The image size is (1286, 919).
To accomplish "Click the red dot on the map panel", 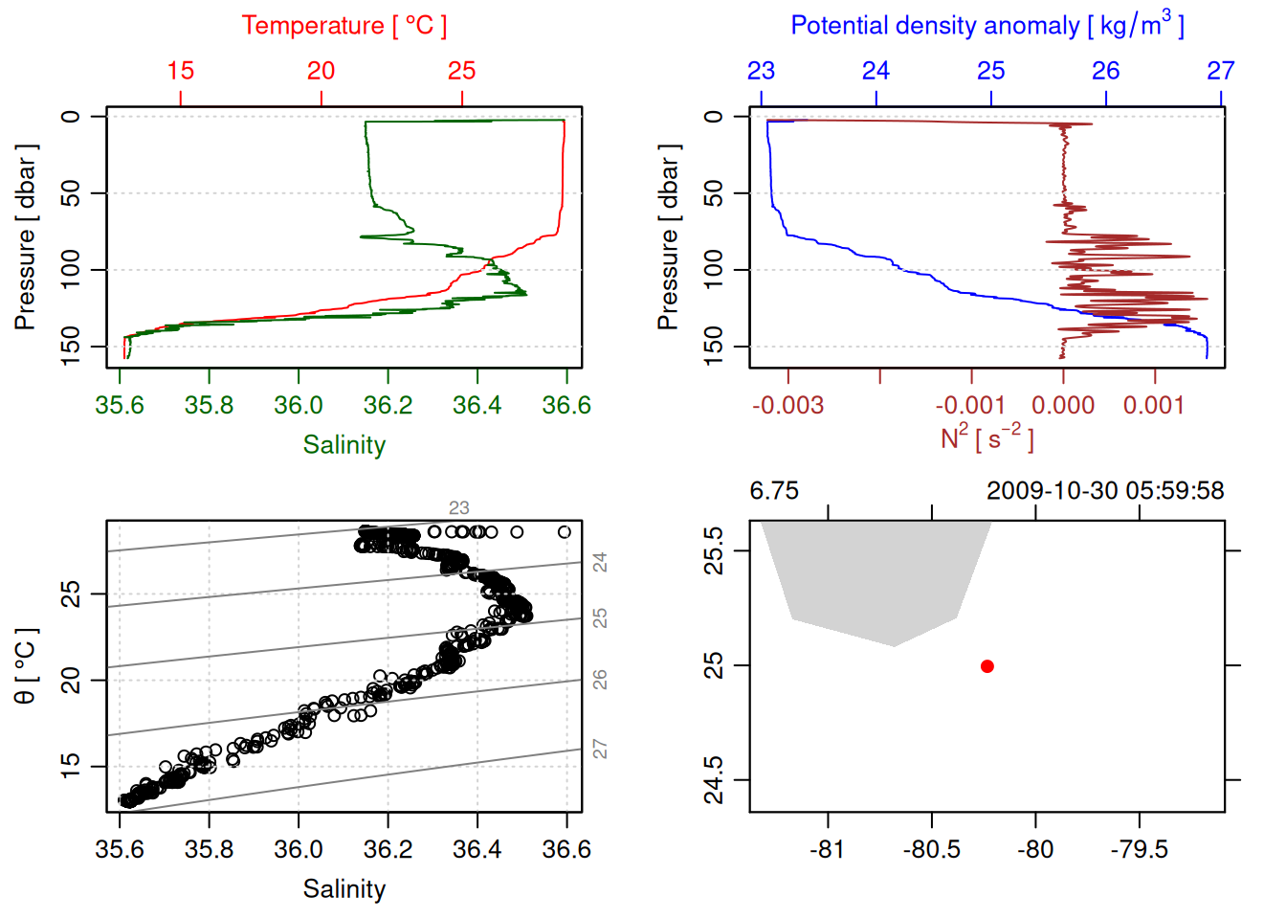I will (x=987, y=666).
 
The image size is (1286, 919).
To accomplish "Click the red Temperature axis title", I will (x=344, y=26).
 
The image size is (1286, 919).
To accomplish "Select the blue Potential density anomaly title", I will (x=987, y=26).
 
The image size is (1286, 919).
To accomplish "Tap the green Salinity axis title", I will (x=344, y=445).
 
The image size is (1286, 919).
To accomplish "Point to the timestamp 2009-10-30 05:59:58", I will (x=1105, y=491).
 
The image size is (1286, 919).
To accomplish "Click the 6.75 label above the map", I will (x=774, y=491).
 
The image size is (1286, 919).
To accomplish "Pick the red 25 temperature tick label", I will (x=461, y=71).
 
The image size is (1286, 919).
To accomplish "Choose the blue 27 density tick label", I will (x=1220, y=71).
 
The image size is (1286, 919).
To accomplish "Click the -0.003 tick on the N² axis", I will (x=787, y=405).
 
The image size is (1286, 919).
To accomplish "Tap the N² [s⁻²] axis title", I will (x=987, y=437).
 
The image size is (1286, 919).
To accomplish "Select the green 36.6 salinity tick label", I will (x=566, y=405).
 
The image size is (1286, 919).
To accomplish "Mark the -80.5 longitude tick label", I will (x=931, y=849).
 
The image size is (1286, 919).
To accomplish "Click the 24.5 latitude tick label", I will (x=714, y=780).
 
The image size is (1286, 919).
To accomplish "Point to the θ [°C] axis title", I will (x=26, y=666).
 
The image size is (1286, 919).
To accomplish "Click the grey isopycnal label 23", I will (x=459, y=508).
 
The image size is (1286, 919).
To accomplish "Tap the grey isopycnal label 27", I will (x=600, y=749).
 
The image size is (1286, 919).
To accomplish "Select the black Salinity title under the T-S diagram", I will (x=344, y=889).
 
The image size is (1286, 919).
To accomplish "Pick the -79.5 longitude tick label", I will (x=1139, y=849).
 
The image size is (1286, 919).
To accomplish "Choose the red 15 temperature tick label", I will (x=180, y=71).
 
